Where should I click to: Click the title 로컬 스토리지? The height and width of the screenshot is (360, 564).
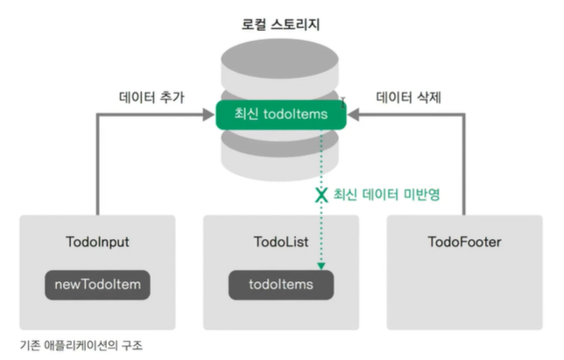pos(281,25)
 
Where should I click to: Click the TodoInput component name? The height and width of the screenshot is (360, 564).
pos(97,242)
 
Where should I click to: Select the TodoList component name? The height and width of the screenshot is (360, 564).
pos(280,242)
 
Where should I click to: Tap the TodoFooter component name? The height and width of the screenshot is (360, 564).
pos(464,242)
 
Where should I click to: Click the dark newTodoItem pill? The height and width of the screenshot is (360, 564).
pos(97,285)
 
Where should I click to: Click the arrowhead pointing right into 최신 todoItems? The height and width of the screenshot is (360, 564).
pos(210,113)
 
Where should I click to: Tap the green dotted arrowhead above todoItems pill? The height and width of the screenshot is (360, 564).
pos(321,265)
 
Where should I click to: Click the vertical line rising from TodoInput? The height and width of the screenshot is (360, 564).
pos(97,166)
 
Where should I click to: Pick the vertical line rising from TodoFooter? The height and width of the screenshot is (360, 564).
pos(465,166)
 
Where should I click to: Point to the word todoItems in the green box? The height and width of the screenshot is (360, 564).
pos(295,113)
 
